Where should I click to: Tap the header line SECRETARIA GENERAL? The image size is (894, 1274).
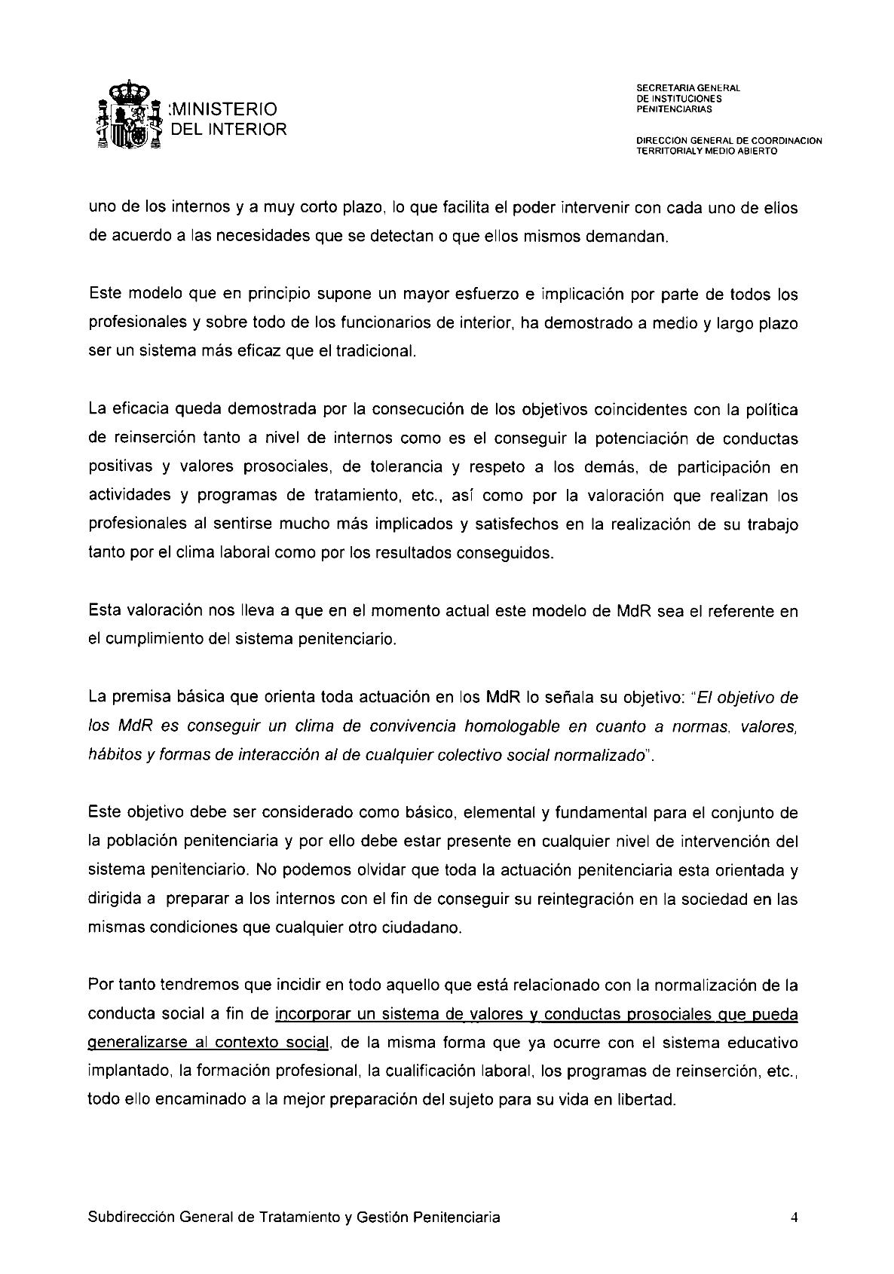pyautogui.click(x=687, y=88)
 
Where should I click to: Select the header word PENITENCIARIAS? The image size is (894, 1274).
pyautogui.click(x=674, y=109)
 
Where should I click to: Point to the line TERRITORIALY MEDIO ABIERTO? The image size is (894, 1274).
pyautogui.click(x=706, y=151)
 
